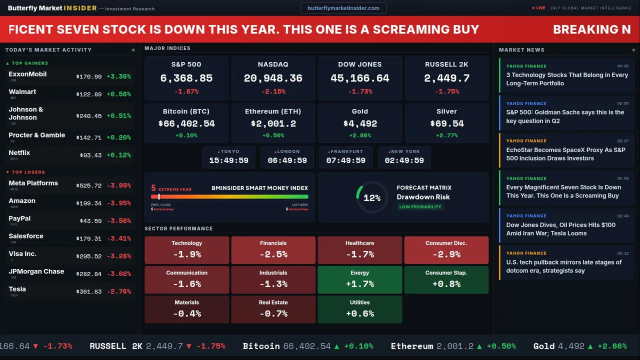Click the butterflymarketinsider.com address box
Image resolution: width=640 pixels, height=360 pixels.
[343, 8]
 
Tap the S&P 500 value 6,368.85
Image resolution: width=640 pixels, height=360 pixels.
[186, 78]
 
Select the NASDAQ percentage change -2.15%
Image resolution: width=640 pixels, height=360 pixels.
[273, 91]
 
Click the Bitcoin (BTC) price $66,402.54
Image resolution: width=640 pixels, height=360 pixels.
[186, 123]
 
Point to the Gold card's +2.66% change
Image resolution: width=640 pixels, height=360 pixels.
[360, 135]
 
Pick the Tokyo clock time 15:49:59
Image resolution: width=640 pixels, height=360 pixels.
[228, 160]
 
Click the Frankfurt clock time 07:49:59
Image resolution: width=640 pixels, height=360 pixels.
[345, 160]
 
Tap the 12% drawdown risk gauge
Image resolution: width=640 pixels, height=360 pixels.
[371, 198]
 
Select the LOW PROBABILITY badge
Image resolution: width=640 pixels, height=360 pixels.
[420, 207]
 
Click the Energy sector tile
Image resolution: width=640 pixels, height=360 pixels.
[359, 279]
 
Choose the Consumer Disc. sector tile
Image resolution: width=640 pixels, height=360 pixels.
[446, 250]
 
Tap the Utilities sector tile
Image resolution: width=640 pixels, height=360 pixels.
[359, 309]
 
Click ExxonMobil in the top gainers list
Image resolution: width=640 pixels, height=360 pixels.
[27, 74]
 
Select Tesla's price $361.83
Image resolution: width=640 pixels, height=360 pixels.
[88, 291]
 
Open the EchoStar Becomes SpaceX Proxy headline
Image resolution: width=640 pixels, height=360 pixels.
[565, 154]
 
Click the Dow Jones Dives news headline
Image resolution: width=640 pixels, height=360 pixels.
[560, 229]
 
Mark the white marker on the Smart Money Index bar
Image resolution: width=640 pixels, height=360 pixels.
[159, 197]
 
